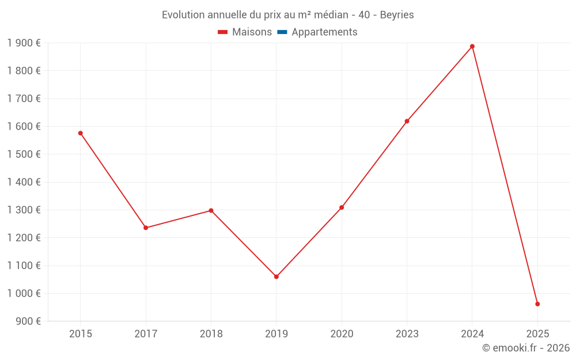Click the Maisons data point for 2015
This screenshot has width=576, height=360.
coord(81,133)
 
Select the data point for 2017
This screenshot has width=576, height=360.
coord(146,228)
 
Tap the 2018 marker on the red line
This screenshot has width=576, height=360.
coord(211,210)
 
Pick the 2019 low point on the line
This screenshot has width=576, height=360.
coord(276,276)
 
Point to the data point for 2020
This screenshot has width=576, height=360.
coord(342,207)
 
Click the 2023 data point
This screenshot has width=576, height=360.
coord(407,121)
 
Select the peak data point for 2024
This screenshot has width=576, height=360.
coord(472,46)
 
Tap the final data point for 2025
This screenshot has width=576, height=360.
coord(537,304)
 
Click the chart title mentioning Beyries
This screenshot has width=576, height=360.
coord(288,14)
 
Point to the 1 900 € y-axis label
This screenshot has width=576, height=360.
coord(24,43)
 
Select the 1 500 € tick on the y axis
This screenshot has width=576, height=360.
coord(24,154)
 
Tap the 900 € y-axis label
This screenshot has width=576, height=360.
coord(28,321)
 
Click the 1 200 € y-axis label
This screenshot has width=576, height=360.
coord(24,237)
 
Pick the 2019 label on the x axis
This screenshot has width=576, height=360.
coord(276,334)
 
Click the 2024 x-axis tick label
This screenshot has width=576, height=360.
coord(472,334)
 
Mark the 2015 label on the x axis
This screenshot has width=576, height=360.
coord(81,334)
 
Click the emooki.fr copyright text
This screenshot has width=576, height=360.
coord(526,348)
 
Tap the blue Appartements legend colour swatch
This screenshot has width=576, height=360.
coord(282,32)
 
